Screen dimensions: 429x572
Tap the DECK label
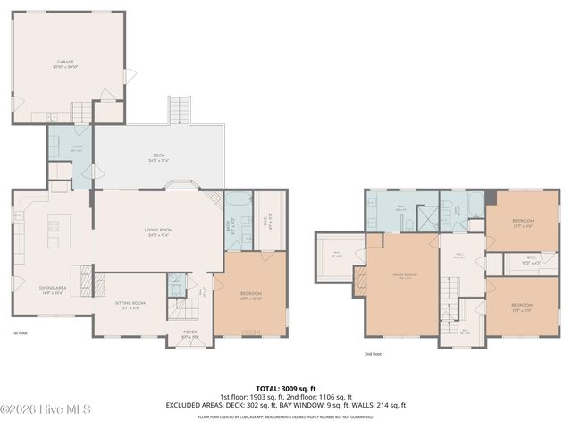pyautogui.click(x=158, y=158)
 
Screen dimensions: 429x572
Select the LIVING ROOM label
pyautogui.click(x=158, y=231)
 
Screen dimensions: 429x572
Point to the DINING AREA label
pyautogui.click(x=52, y=290)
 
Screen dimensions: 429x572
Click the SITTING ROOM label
pyautogui.click(x=130, y=305)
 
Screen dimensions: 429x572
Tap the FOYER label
pyautogui.click(x=189, y=333)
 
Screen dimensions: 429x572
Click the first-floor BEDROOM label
pyautogui.click(x=250, y=296)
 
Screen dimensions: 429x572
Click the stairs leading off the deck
pyautogui.click(x=180, y=110)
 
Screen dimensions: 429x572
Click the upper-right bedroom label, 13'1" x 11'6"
pyautogui.click(x=523, y=222)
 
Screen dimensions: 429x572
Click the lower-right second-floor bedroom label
pyautogui.click(x=523, y=307)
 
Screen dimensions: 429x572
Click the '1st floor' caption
pyautogui.click(x=21, y=332)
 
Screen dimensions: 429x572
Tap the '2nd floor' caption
pyautogui.click(x=374, y=353)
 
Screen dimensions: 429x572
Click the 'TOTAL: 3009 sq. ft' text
pyautogui.click(x=285, y=389)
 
